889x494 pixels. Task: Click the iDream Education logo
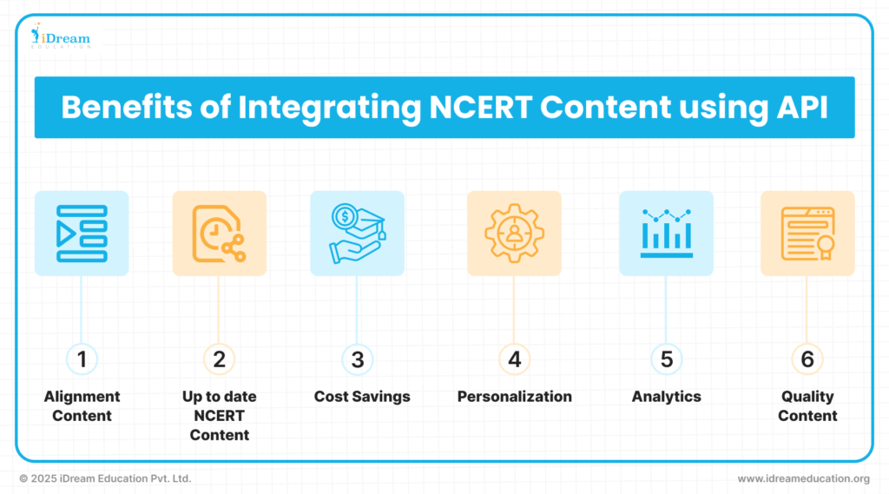60,36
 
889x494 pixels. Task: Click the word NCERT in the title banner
479,107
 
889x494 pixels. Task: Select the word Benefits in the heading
127,107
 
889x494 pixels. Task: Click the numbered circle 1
82,359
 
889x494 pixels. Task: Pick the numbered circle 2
219,359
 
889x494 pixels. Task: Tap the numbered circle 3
357,359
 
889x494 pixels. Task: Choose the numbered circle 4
514,359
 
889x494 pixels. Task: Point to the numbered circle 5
666,359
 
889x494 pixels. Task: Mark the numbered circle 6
807,359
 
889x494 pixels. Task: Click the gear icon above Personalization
514,233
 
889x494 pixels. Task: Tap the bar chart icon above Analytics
666,233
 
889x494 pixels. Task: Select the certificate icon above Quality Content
807,233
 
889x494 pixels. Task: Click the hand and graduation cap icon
357,233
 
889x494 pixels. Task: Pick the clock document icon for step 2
219,233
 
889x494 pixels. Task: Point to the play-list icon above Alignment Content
82,233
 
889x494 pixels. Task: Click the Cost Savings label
362,397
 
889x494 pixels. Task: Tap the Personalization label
514,397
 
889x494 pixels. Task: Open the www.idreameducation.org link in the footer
803,478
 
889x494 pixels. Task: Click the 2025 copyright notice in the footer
105,478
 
